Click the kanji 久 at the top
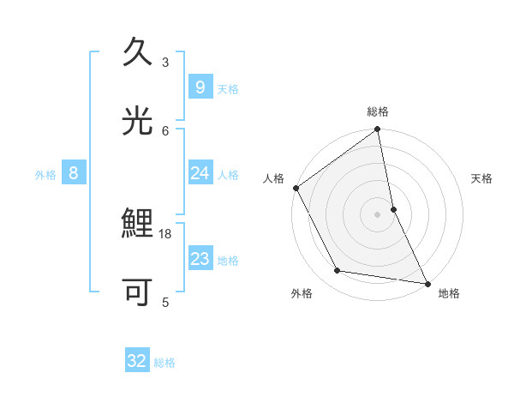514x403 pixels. (137, 52)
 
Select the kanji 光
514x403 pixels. (137, 120)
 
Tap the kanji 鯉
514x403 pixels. (137, 226)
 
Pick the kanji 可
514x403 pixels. (137, 292)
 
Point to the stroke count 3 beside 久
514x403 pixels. (165, 62)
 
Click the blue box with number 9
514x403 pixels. (200, 87)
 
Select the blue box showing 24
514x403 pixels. (200, 173)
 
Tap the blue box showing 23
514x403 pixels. (200, 259)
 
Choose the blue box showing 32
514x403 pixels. (137, 361)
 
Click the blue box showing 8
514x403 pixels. (74, 173)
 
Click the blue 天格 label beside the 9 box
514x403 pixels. (228, 89)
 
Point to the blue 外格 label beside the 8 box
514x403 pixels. (45, 175)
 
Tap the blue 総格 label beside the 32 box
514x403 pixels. (164, 363)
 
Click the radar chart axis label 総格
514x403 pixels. (378, 111)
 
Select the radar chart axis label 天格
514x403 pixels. (482, 178)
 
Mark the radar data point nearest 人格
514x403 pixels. (296, 188)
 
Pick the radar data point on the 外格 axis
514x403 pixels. (338, 271)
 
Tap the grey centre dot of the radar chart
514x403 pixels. (378, 214)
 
